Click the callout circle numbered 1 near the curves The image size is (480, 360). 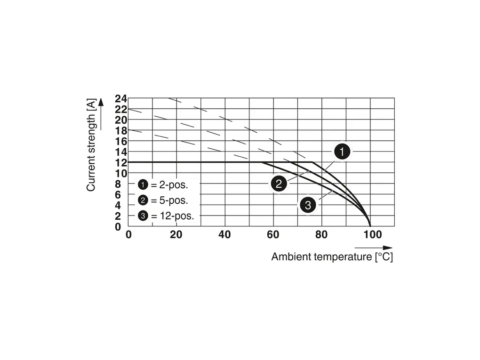(x=343, y=152)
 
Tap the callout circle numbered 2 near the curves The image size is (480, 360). (x=279, y=184)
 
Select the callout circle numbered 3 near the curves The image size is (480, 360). (x=308, y=205)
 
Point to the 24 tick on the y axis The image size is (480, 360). (x=121, y=99)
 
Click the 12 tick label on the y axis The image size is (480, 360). (x=121, y=162)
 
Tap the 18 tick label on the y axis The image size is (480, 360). (x=121, y=130)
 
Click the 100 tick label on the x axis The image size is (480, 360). (x=373, y=234)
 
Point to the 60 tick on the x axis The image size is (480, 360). (x=273, y=234)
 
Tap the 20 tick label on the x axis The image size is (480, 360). (x=176, y=234)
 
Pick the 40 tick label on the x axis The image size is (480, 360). (x=224, y=234)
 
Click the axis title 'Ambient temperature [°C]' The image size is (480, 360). (x=332, y=257)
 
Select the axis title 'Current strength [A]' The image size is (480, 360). (x=91, y=144)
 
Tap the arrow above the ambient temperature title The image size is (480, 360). (x=373, y=248)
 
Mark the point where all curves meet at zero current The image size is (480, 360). (x=370, y=226)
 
